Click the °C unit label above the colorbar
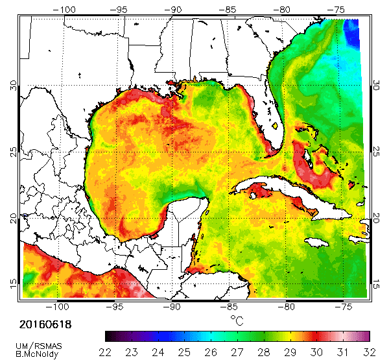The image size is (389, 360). coord(237,320)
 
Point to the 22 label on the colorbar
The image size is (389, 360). coord(105,352)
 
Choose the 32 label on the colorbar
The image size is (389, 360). coord(370,352)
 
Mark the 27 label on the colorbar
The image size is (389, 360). coord(237,352)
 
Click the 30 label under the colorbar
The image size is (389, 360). coord(317,352)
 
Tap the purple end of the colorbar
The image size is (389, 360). coord(113,336)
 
